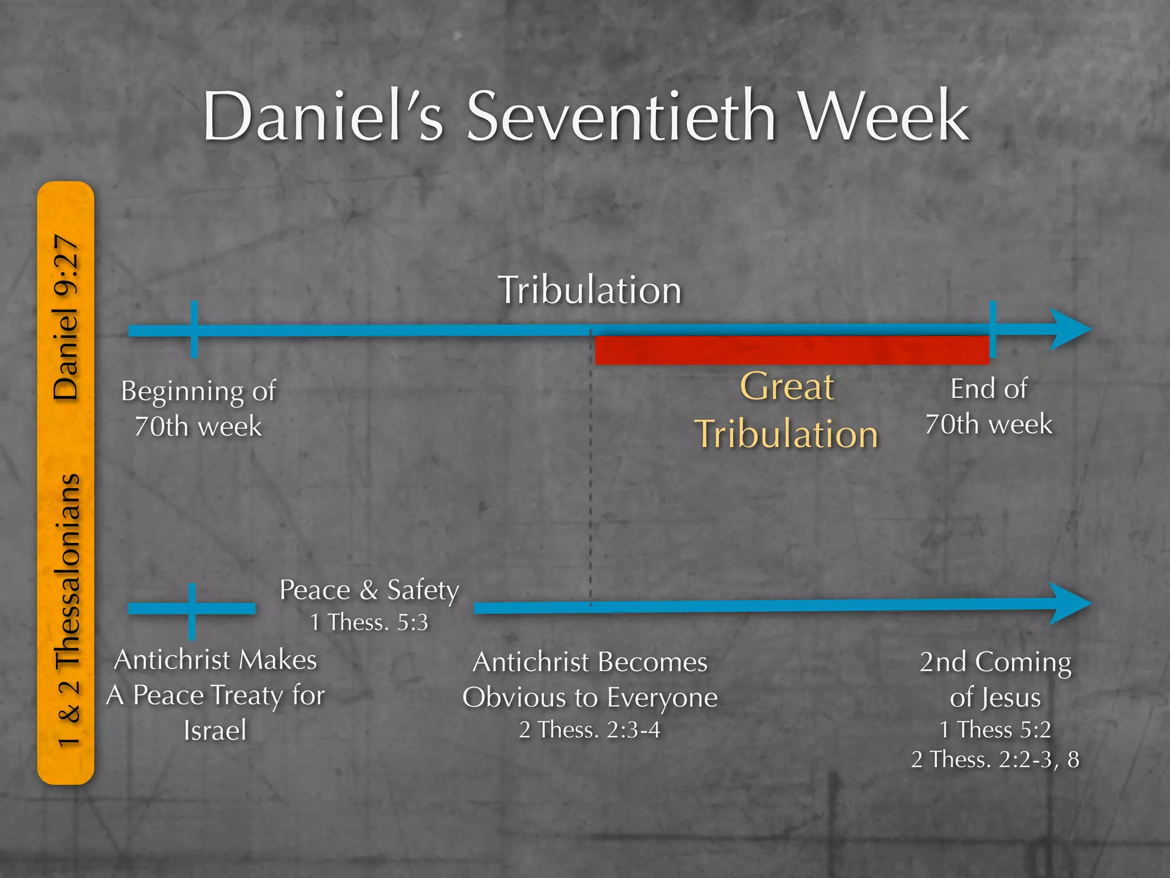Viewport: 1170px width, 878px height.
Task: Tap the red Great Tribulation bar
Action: pyautogui.click(x=792, y=350)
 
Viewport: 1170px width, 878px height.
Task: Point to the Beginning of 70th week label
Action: pyautogui.click(x=198, y=409)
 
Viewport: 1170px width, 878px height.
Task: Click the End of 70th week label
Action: pyautogui.click(x=988, y=406)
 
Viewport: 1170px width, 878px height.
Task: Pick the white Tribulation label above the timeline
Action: pyautogui.click(x=590, y=290)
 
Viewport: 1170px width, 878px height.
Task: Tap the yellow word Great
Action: pyautogui.click(x=787, y=387)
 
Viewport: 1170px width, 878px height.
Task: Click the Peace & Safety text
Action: pyautogui.click(x=369, y=590)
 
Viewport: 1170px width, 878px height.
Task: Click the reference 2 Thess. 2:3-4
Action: pyautogui.click(x=590, y=730)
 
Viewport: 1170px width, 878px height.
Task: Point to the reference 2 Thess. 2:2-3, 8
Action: pyautogui.click(x=995, y=760)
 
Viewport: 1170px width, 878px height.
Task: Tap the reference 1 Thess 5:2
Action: pyautogui.click(x=995, y=729)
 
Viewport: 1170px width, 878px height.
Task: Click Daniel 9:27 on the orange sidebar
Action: pyautogui.click(x=66, y=317)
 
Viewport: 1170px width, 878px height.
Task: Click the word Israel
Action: pyautogui.click(x=215, y=731)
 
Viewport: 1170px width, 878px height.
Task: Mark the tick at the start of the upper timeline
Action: pyautogui.click(x=194, y=329)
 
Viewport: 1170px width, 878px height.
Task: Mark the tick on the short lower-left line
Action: pyautogui.click(x=192, y=611)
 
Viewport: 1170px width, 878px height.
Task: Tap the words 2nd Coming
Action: pyautogui.click(x=995, y=663)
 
